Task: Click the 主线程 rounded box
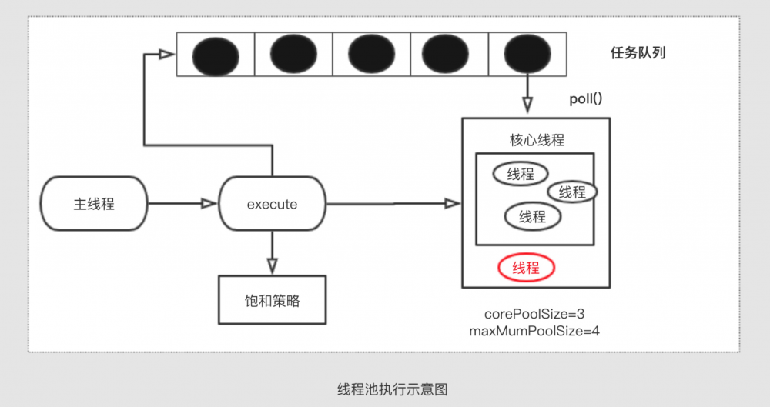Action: click(x=94, y=204)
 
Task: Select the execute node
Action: click(x=272, y=204)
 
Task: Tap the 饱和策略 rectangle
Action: click(x=272, y=300)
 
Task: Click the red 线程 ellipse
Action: click(x=527, y=268)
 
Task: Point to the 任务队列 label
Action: click(x=638, y=52)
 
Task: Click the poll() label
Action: click(x=586, y=98)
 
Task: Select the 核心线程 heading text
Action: click(x=537, y=140)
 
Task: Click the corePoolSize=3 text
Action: click(x=534, y=314)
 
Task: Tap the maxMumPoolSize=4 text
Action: click(x=534, y=331)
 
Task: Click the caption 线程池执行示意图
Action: click(x=393, y=389)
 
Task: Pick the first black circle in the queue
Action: click(x=216, y=55)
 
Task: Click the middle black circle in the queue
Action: click(x=371, y=54)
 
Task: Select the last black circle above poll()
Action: click(x=527, y=54)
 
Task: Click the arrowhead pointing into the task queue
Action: click(x=167, y=54)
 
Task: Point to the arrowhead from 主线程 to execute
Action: click(x=209, y=203)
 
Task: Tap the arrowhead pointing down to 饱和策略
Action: click(x=272, y=265)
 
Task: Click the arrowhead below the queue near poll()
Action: click(x=527, y=105)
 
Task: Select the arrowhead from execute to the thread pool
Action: click(x=452, y=203)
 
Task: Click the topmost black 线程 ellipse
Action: click(x=521, y=174)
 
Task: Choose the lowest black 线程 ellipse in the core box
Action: click(x=533, y=216)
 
